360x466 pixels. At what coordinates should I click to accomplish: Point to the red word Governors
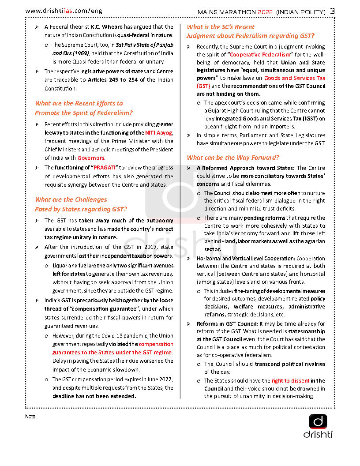tap(91, 158)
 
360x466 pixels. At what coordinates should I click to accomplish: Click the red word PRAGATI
tap(105, 168)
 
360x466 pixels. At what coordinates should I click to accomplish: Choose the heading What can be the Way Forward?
tap(233, 158)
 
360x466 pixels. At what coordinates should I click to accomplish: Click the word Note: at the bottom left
tap(31, 416)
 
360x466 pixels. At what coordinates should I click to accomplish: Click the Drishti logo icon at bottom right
tap(318, 421)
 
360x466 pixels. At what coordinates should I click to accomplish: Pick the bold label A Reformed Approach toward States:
tap(246, 168)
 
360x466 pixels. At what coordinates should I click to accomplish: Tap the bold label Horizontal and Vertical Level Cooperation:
tap(246, 258)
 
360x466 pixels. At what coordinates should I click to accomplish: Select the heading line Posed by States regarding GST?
tap(81, 209)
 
